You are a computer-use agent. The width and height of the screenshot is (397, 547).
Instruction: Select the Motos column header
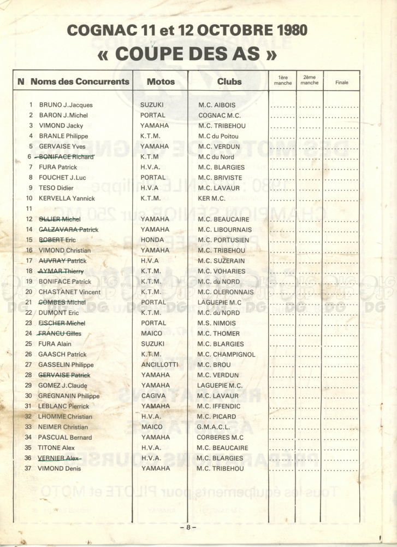[x=161, y=82]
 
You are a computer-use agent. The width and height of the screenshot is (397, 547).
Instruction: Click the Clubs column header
[x=229, y=82]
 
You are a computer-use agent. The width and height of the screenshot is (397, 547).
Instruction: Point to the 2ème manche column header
[x=309, y=80]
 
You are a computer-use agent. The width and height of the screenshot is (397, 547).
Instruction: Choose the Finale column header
[x=342, y=83]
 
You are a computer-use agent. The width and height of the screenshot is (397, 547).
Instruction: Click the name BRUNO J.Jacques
[x=66, y=105]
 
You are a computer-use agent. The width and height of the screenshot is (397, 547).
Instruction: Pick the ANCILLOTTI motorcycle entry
[x=159, y=365]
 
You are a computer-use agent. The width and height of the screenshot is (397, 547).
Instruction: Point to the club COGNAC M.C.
[x=220, y=115]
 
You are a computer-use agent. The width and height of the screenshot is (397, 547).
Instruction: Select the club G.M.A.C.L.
[x=217, y=427]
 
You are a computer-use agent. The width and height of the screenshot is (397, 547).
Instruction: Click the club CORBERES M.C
[x=221, y=438]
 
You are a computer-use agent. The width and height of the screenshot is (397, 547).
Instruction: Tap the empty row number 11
[x=29, y=209]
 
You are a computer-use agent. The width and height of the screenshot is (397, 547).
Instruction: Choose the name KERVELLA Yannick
[x=67, y=199]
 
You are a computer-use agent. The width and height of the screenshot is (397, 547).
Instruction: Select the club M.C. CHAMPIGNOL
[x=226, y=354]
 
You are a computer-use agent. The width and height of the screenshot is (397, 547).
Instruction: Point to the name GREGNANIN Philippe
[x=69, y=396]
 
